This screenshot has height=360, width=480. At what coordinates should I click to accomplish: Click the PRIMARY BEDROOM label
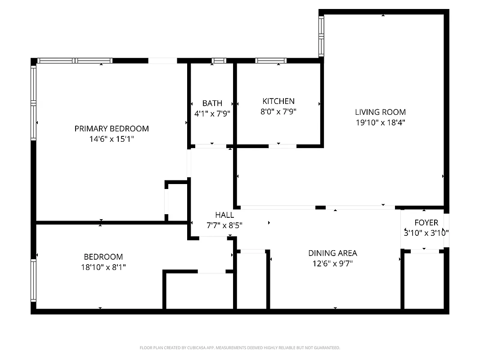tap(112, 129)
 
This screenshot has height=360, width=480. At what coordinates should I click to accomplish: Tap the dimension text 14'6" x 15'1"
tap(112, 139)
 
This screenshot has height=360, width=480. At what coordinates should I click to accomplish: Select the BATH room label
tap(212, 103)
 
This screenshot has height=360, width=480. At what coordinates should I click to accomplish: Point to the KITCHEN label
tap(278, 101)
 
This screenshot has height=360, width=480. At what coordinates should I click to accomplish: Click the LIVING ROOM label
tap(380, 112)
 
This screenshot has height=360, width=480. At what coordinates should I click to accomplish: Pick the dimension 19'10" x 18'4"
tap(380, 122)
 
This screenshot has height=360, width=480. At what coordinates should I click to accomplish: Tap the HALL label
tap(224, 215)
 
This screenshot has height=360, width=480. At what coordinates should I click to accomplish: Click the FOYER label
tap(426, 223)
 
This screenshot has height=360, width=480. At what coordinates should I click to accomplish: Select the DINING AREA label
tap(332, 253)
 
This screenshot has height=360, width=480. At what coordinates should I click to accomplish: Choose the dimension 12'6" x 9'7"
tap(332, 264)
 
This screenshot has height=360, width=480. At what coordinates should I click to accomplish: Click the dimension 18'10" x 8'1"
tap(103, 267)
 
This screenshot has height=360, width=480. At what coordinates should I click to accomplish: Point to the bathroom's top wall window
tap(219, 60)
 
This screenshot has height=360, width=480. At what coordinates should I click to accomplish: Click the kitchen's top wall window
tap(271, 60)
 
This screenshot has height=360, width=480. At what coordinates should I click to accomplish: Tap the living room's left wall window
tap(321, 36)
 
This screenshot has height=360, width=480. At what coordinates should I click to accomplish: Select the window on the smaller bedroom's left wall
tap(33, 280)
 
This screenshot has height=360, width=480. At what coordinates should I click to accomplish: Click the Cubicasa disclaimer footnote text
tap(240, 348)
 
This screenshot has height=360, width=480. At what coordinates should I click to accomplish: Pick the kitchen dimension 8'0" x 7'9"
tap(278, 112)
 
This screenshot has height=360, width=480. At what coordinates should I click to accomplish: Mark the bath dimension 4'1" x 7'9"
tap(212, 114)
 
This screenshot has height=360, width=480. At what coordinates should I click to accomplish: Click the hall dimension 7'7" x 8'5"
tap(224, 226)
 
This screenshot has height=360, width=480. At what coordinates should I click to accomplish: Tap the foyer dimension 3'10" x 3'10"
tap(426, 233)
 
